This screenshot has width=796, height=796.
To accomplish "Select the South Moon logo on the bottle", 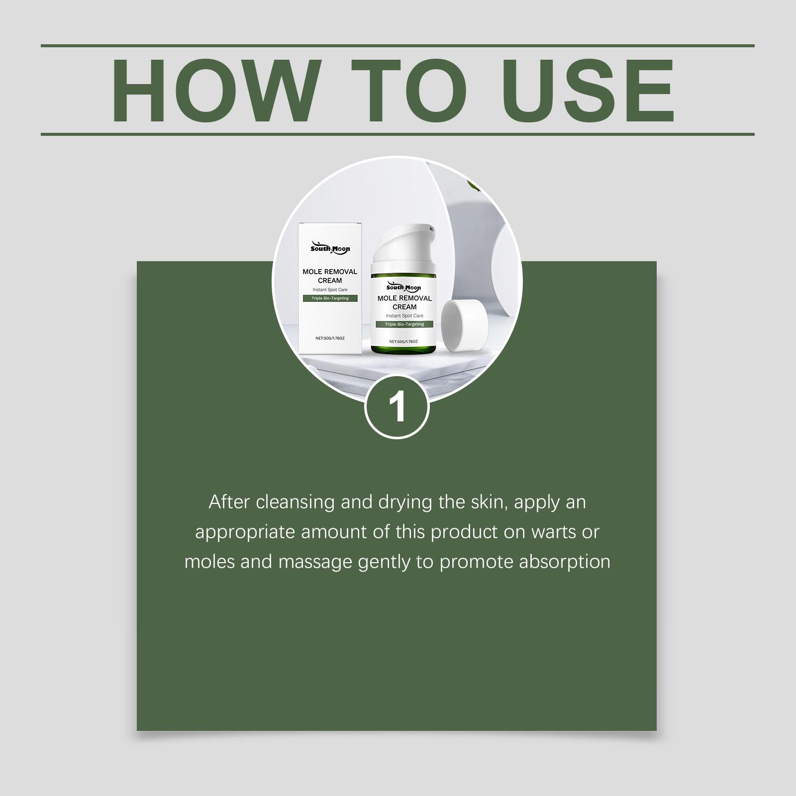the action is pos(404,287).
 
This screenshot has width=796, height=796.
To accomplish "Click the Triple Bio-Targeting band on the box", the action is pos(330,298).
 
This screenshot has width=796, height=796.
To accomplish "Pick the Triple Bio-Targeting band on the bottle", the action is pos(404,324).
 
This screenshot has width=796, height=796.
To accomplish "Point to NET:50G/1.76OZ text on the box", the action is pos(330,338).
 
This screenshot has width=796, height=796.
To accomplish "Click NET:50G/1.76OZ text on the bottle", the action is pos(404,342).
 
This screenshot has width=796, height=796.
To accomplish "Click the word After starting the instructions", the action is pos(229,502).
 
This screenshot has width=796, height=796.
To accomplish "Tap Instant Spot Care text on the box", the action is pos(330,290).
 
